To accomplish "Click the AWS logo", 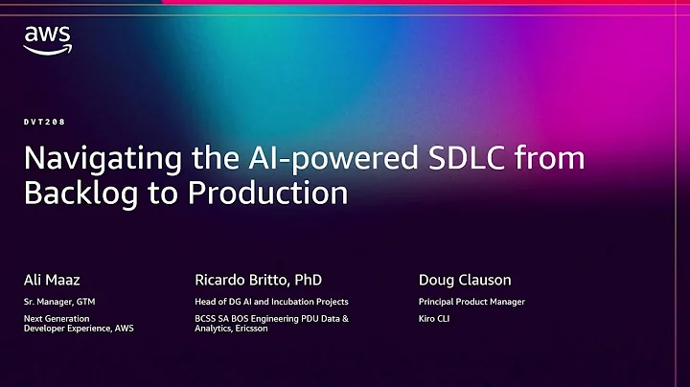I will (47, 39).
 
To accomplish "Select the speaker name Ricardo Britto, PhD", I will (258, 280).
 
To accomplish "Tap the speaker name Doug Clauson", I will (465, 280).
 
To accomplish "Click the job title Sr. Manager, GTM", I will (60, 302).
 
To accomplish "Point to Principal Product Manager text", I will (471, 302).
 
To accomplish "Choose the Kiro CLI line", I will (435, 318).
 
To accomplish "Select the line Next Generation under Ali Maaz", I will (57, 318).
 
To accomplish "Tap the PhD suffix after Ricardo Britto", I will (307, 280).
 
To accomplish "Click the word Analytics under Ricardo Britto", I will (216, 328).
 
